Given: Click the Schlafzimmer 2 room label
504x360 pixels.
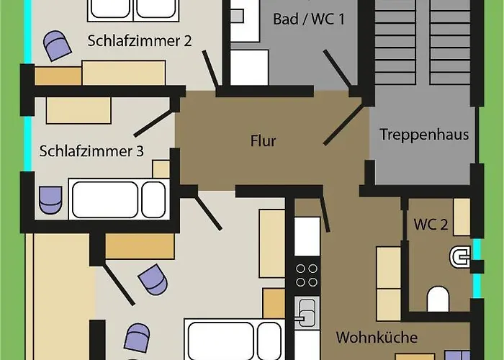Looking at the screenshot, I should (x=140, y=40).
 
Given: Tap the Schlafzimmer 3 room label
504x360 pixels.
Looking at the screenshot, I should (x=91, y=151).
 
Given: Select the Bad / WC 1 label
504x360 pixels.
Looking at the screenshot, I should (x=309, y=19).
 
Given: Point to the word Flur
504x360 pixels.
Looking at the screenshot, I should (x=263, y=141).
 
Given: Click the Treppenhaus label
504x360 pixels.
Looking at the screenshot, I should (x=424, y=134).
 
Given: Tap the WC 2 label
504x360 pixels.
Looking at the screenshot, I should (x=431, y=225).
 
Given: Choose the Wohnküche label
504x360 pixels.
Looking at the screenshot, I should (x=377, y=337).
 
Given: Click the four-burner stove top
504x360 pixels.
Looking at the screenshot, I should (x=307, y=275).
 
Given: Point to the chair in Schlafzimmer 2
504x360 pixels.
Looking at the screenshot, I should (x=57, y=46).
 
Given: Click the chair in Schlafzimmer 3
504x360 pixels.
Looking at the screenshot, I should (x=50, y=199).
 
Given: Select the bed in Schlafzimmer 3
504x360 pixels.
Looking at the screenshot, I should (x=117, y=199).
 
